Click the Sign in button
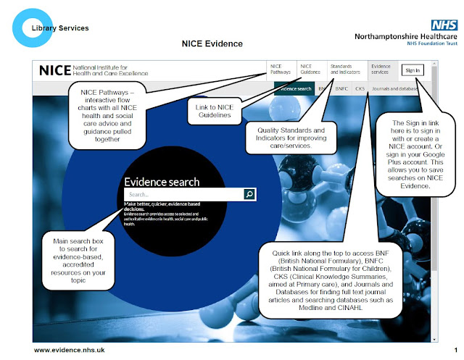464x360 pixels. tap(411, 70)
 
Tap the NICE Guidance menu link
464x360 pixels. tap(310, 70)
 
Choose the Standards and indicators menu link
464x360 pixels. tap(345, 70)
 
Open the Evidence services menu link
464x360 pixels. tap(380, 70)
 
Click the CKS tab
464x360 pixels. tap(360, 88)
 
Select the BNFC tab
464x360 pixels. tap(341, 88)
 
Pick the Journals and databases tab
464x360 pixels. tap(396, 88)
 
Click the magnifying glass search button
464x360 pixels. tap(249, 194)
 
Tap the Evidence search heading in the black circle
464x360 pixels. tap(162, 182)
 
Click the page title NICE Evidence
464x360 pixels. tap(211, 44)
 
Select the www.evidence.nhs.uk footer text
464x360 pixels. tap(70, 350)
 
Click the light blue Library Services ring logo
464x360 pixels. tap(27, 27)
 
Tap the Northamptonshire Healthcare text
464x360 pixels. tap(406, 35)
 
